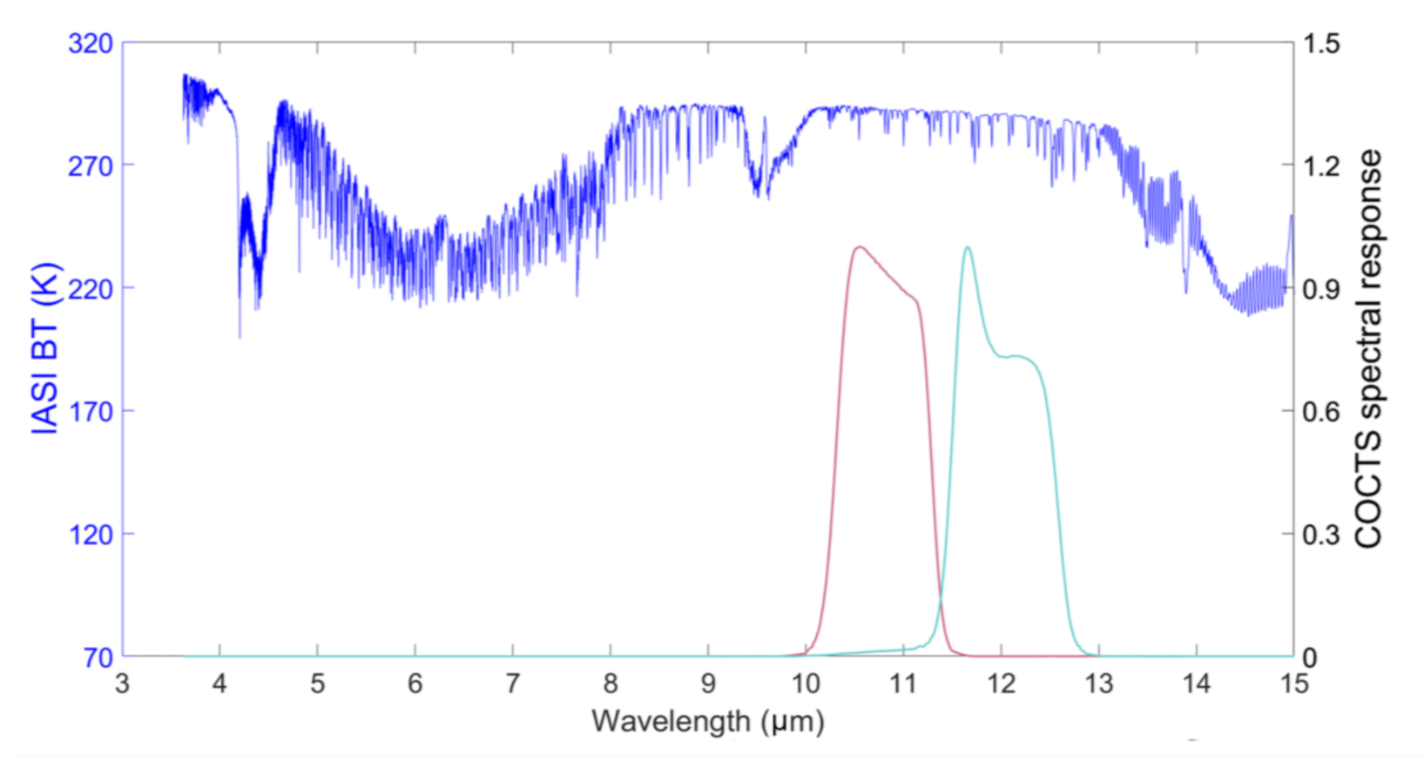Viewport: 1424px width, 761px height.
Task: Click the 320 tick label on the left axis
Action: (91, 43)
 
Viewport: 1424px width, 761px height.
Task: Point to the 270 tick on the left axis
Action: (91, 165)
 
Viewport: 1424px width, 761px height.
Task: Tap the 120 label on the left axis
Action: (91, 534)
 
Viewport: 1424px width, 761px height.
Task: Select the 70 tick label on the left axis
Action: (98, 657)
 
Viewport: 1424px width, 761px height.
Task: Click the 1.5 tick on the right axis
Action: (1321, 43)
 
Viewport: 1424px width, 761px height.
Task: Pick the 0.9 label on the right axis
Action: (1321, 289)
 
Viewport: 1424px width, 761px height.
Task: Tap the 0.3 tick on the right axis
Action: (1321, 535)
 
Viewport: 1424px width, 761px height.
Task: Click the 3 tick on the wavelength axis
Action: (122, 684)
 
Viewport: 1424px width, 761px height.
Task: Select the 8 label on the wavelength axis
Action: (611, 684)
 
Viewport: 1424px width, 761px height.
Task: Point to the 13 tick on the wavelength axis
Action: (1098, 684)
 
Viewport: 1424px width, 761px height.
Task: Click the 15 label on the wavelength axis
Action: (1293, 684)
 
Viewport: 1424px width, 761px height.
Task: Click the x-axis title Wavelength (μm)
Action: (707, 722)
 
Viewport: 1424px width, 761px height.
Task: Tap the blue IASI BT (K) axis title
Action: (45, 348)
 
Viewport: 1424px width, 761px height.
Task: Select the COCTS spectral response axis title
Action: (1368, 348)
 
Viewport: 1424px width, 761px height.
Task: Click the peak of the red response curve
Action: (860, 247)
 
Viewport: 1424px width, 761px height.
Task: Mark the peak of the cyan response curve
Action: (967, 248)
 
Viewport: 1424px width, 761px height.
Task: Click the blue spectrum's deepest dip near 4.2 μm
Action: (240, 335)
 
